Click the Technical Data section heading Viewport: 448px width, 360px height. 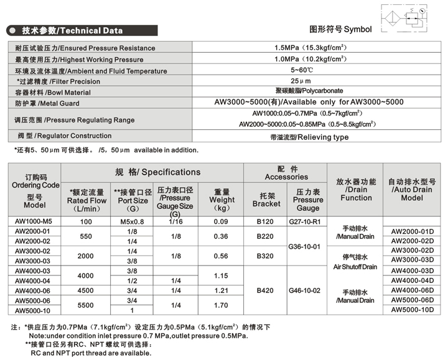pyautogui.click(x=72, y=30)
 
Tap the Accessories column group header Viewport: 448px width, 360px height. pyautogui.click(x=286, y=173)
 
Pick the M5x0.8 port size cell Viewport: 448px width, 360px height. pyautogui.click(x=132, y=222)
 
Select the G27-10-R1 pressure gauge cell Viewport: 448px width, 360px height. pyautogui.click(x=308, y=222)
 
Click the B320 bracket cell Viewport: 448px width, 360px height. pyautogui.click(x=266, y=256)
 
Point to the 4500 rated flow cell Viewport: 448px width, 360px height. pyautogui.click(x=86, y=290)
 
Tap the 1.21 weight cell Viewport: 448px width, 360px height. pyautogui.click(x=222, y=290)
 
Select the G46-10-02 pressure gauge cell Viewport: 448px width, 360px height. pyautogui.click(x=308, y=290)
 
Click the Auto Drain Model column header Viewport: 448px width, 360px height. pyautogui.click(x=412, y=190)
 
